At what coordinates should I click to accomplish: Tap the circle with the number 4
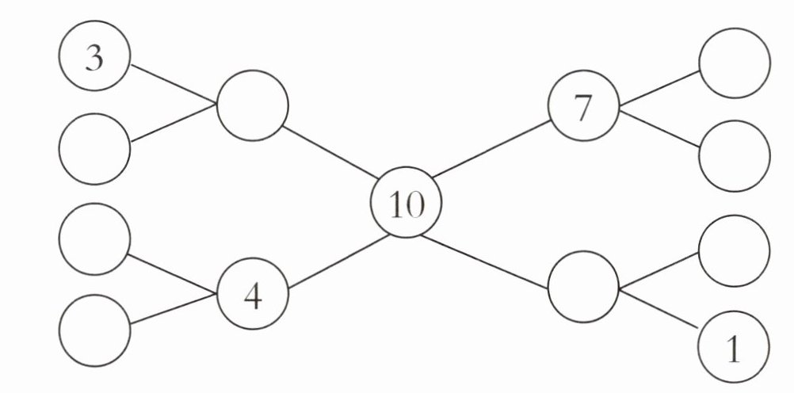[253, 296]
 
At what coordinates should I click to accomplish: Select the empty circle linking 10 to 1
[583, 286]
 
